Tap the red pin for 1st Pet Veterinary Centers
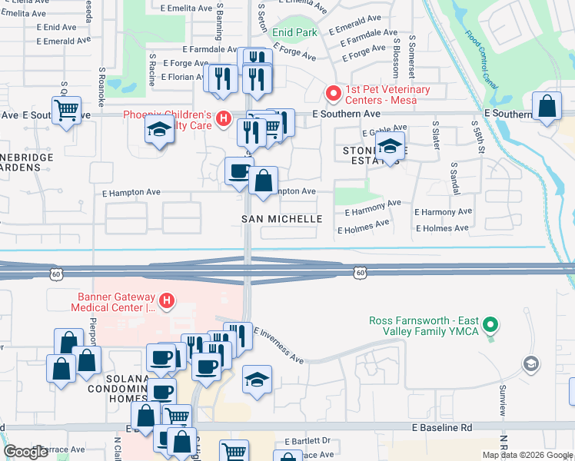pyautogui.click(x=334, y=94)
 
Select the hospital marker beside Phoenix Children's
pyautogui.click(x=223, y=118)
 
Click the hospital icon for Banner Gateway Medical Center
pyautogui.click(x=165, y=300)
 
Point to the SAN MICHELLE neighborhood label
pyautogui.click(x=282, y=219)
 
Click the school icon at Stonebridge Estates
pyautogui.click(x=391, y=147)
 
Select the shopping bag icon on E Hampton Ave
pyautogui.click(x=263, y=181)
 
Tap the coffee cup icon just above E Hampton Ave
pyautogui.click(x=239, y=171)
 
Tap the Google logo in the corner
pyautogui.click(x=25, y=452)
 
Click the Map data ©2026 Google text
pyautogui.click(x=527, y=455)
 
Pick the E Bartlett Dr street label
pyautogui.click(x=307, y=441)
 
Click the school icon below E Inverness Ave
pyautogui.click(x=258, y=379)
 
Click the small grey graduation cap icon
pyautogui.click(x=530, y=363)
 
